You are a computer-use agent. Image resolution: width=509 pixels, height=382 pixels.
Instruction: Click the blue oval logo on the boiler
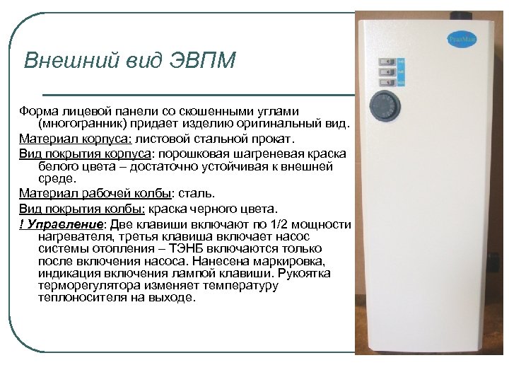[x=457, y=40]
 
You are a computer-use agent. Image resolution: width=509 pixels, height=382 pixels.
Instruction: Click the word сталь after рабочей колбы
[x=194, y=192]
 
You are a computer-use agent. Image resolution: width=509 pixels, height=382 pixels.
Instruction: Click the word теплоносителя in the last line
[x=81, y=298]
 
